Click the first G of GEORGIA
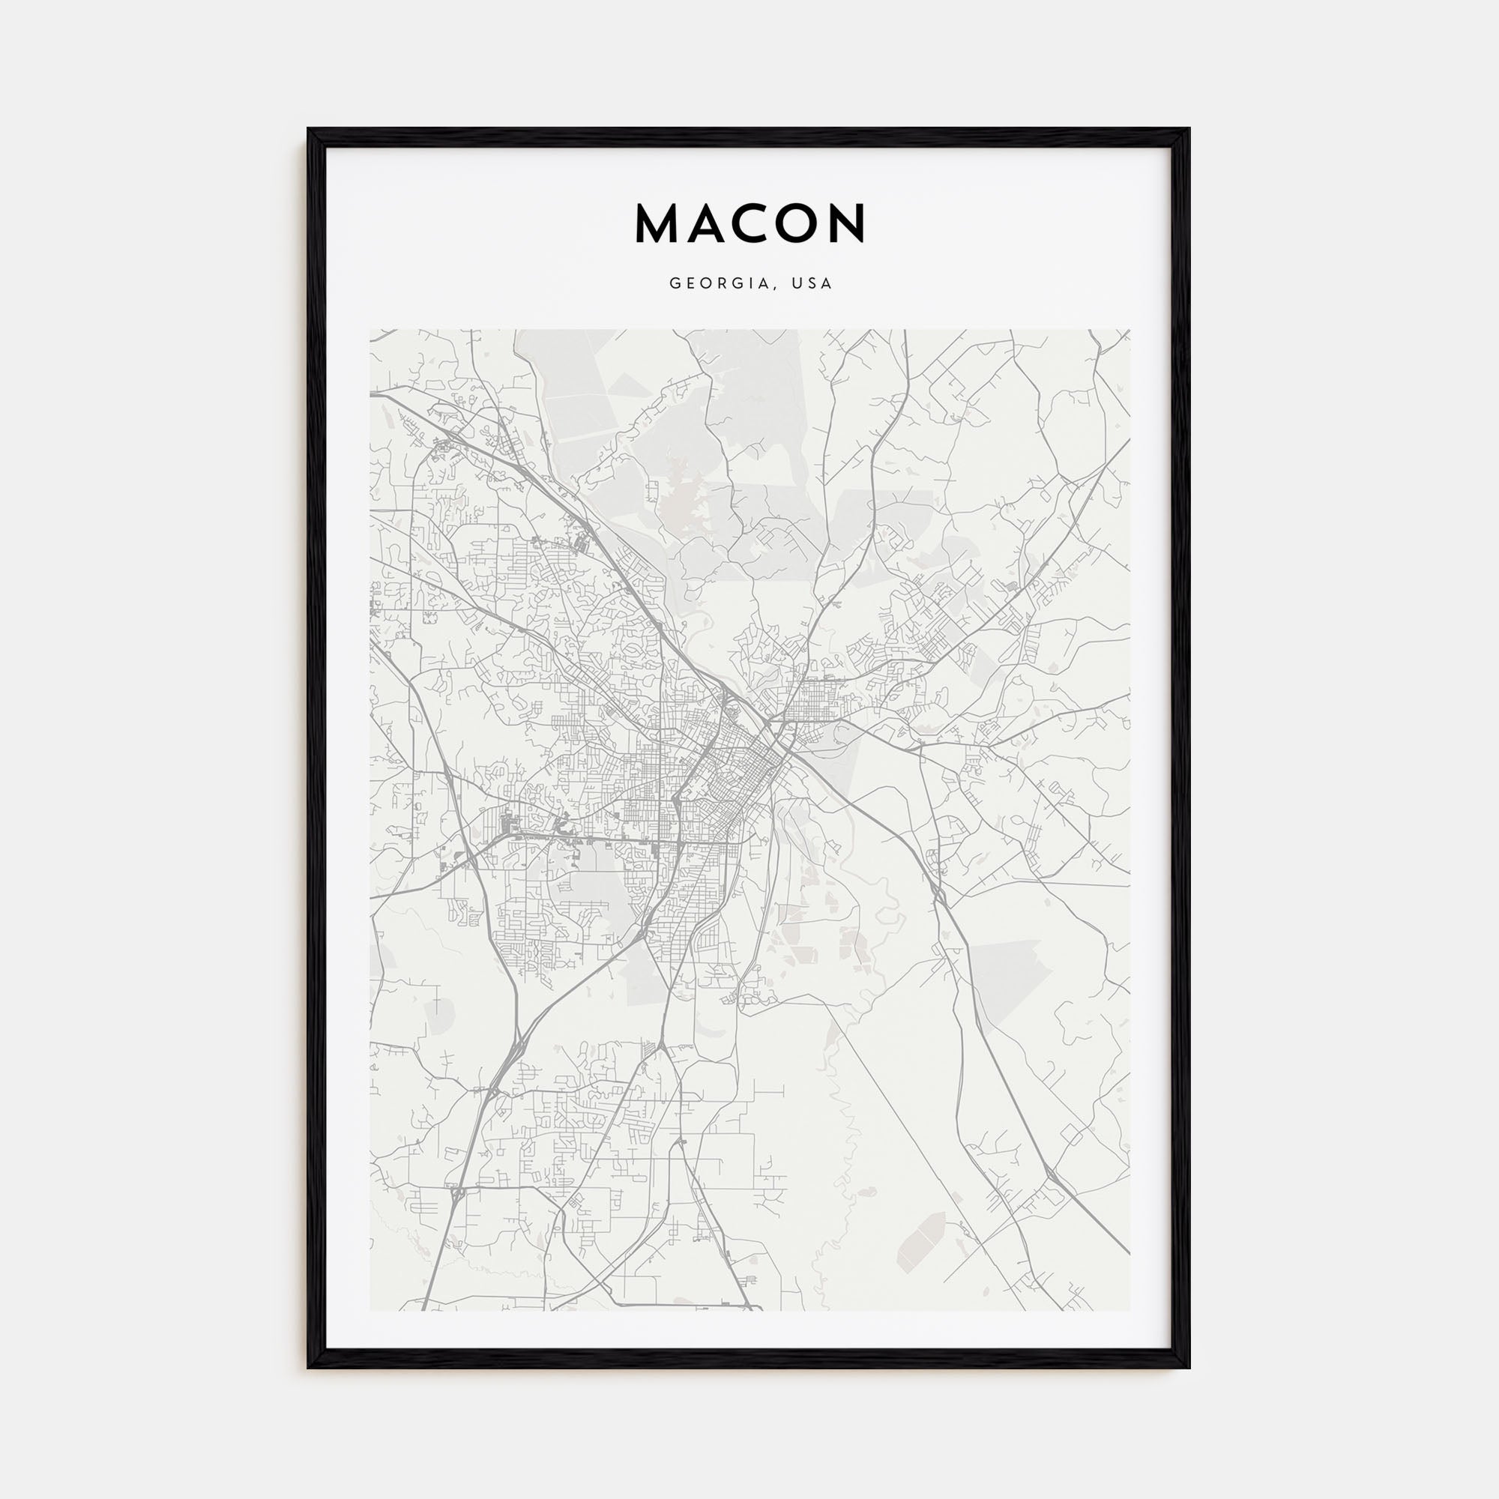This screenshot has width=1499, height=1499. pos(675,284)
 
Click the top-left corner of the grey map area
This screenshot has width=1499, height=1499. pos(370,330)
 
